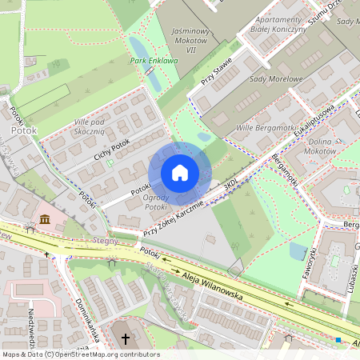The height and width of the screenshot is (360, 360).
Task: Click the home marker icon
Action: [x=180, y=173]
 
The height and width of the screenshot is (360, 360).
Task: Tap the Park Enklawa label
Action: [x=154, y=60]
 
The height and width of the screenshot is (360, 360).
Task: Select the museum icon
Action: [x=44, y=219]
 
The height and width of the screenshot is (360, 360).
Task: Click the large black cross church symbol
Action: [x=125, y=338]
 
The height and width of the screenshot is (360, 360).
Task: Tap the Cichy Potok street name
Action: [x=111, y=149]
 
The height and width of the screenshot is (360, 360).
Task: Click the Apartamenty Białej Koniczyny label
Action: [x=279, y=23]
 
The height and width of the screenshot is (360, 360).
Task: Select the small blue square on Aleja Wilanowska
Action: [x=338, y=340]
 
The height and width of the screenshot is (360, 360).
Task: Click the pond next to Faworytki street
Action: [x=298, y=252]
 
